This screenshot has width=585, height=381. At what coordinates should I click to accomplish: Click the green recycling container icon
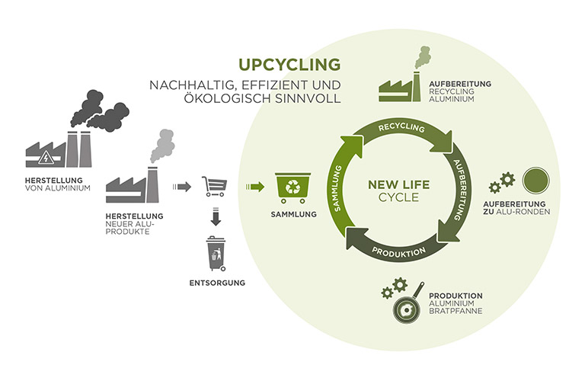tap(292, 187)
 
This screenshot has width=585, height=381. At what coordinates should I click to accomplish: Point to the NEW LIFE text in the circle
tap(395, 184)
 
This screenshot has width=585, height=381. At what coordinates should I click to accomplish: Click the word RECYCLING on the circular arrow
tap(401, 127)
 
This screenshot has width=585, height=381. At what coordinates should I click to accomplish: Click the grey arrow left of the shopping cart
tap(182, 186)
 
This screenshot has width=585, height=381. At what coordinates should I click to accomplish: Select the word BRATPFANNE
tap(457, 312)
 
